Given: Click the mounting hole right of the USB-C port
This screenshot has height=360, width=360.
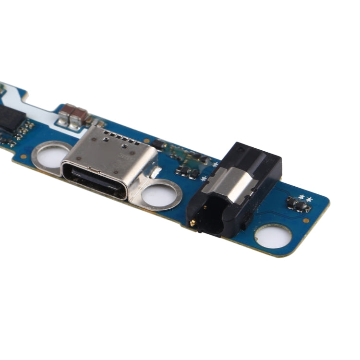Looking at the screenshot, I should (160, 194).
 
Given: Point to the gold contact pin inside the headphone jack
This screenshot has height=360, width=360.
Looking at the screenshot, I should (193, 223).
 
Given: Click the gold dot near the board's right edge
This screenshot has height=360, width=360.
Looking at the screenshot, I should (306, 220).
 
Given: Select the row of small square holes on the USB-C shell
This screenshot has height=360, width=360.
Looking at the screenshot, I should (115, 140).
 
